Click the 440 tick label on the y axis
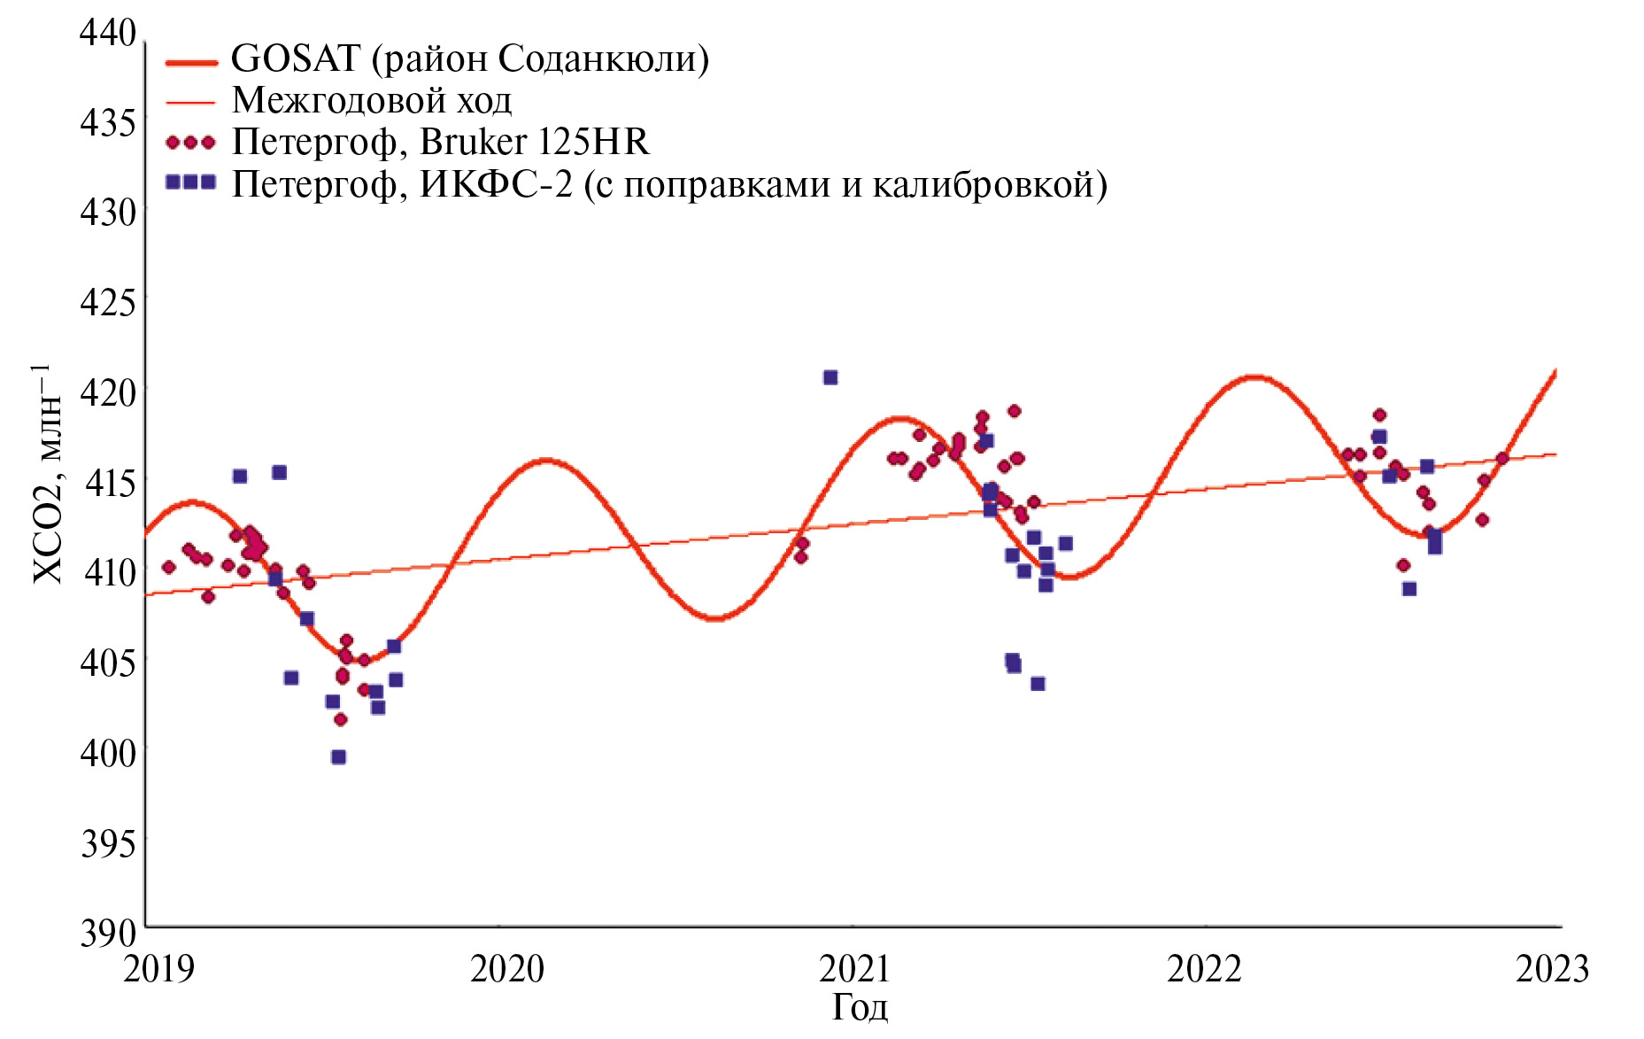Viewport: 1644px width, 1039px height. [x=108, y=33]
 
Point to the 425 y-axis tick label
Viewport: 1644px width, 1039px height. [x=108, y=302]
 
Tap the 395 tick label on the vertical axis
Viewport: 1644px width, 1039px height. [x=108, y=842]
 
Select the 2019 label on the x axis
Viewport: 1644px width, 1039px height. [x=158, y=968]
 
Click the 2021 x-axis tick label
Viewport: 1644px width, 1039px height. [x=854, y=968]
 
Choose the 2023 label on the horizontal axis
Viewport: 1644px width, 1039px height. [x=1553, y=968]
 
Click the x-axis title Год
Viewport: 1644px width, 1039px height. [x=860, y=1008]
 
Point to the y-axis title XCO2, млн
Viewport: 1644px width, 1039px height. [x=48, y=474]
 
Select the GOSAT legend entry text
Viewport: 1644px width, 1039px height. [x=470, y=59]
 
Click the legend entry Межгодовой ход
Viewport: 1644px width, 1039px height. [x=372, y=100]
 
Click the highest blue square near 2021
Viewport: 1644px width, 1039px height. [x=830, y=377]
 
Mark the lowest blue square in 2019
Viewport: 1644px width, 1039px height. [x=338, y=757]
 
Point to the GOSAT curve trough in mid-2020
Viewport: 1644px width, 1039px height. [x=715, y=617]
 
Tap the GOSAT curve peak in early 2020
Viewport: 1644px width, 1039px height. [x=545, y=461]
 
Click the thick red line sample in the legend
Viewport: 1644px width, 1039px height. [x=191, y=62]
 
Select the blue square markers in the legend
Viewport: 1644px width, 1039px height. [x=190, y=182]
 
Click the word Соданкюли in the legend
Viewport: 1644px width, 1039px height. [x=598, y=59]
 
